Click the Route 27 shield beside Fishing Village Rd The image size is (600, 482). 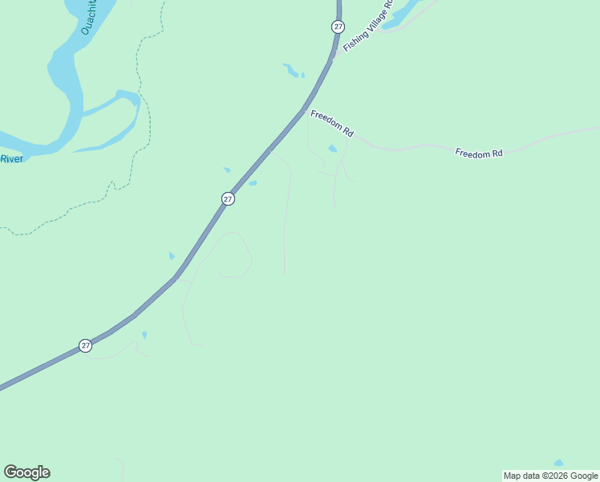tap(338, 27)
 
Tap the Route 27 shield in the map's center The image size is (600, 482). tap(228, 198)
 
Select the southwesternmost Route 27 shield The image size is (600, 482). tap(86, 345)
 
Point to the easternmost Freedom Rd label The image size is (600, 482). tap(478, 153)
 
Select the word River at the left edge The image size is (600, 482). tap(11, 159)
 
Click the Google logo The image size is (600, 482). tap(26, 472)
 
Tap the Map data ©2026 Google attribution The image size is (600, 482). tap(550, 476)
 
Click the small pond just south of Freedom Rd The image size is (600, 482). tap(332, 149)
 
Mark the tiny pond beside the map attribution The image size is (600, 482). tap(558, 464)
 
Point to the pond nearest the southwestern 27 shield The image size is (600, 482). tap(144, 334)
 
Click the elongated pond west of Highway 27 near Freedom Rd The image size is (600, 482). tap(290, 71)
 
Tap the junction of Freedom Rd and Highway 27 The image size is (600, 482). tap(305, 110)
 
